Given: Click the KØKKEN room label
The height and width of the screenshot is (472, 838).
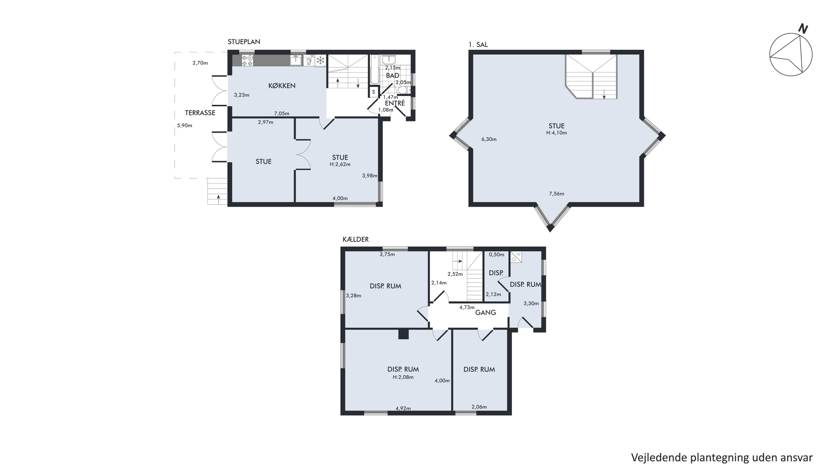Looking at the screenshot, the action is pyautogui.click(x=282, y=86).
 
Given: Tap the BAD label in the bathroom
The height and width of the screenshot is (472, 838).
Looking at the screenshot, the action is pyautogui.click(x=392, y=75).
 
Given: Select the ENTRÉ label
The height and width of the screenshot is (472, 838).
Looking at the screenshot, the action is pyautogui.click(x=395, y=103).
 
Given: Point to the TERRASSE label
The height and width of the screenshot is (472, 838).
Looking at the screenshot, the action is pyautogui.click(x=200, y=113).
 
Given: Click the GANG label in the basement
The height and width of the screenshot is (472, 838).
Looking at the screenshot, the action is pyautogui.click(x=486, y=313).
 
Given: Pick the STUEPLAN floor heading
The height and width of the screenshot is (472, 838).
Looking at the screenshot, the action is pyautogui.click(x=244, y=42).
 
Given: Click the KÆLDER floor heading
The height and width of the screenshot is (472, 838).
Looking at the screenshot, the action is pyautogui.click(x=355, y=239).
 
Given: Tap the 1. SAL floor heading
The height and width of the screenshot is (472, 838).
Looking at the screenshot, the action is pyautogui.click(x=478, y=45).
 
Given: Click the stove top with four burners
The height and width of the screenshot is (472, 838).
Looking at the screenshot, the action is pyautogui.click(x=247, y=61).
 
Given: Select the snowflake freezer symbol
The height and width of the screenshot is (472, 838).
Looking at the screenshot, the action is pyautogui.click(x=321, y=60).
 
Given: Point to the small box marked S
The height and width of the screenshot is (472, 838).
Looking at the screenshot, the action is pyautogui.click(x=374, y=92).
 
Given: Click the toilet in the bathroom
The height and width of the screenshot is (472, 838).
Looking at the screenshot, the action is pyautogui.click(x=404, y=90).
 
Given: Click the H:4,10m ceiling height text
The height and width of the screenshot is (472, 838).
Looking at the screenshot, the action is pyautogui.click(x=557, y=133).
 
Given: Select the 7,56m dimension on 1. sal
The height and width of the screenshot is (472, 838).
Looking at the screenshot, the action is pyautogui.click(x=557, y=194).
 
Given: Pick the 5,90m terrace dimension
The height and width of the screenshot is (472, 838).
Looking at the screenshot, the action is pyautogui.click(x=184, y=125).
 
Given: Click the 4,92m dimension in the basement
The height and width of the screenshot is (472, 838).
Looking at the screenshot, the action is pyautogui.click(x=403, y=408).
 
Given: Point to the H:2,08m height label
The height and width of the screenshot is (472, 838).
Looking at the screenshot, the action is pyautogui.click(x=403, y=377).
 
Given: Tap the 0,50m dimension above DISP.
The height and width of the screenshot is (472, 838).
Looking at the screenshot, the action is pyautogui.click(x=497, y=254).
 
